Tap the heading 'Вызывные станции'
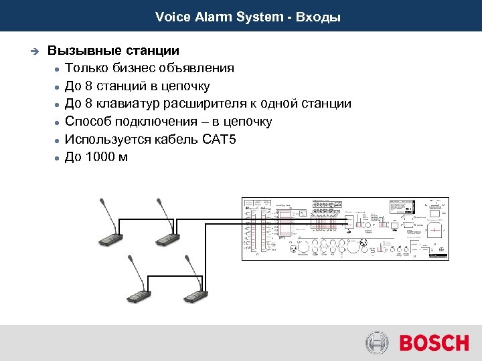(x=113, y=50)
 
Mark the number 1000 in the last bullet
(x=100, y=158)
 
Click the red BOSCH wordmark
(x=434, y=344)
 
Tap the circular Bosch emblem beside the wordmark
(x=378, y=344)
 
